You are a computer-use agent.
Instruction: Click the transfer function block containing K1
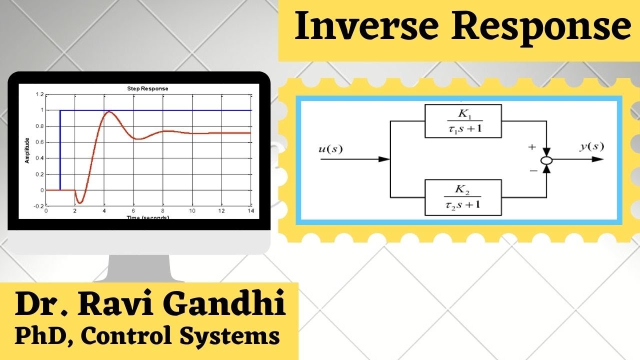(x=462, y=121)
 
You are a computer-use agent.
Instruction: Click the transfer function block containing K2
(x=462, y=197)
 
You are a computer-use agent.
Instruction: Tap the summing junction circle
(x=547, y=160)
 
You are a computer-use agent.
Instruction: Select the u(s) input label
(x=330, y=149)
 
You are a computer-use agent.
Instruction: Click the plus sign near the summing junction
(x=531, y=147)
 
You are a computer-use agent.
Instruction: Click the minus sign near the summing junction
(x=533, y=171)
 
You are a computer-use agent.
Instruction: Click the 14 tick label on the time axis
(x=250, y=211)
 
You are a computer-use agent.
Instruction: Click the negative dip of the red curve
(x=80, y=202)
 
